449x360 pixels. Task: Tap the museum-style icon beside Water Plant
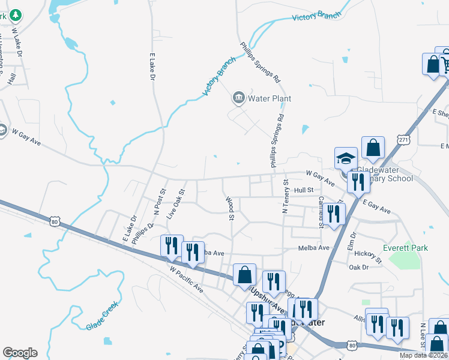pyautogui.click(x=238, y=98)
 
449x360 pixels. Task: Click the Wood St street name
pyautogui.click(x=229, y=208)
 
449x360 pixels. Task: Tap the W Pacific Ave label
pyautogui.click(x=186, y=280)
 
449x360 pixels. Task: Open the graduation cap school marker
pyautogui.click(x=346, y=158)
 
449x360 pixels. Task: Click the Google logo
pyautogui.click(x=20, y=353)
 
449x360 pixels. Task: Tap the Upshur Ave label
pyautogui.click(x=267, y=298)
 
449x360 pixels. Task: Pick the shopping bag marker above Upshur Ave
pyautogui.click(x=244, y=275)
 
